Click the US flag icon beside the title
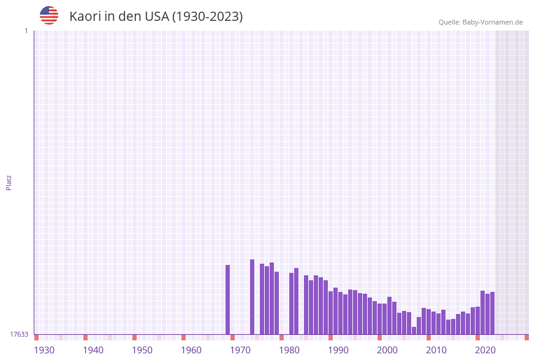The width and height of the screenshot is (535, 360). [49, 15]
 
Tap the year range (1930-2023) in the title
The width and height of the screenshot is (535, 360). [207, 17]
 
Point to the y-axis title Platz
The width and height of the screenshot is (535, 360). [9, 182]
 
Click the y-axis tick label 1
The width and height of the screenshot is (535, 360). [26, 31]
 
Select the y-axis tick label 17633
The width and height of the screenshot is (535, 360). [19, 334]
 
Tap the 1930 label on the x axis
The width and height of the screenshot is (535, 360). [44, 350]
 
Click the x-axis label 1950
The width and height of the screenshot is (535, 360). [142, 350]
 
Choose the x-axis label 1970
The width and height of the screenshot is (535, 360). [240, 350]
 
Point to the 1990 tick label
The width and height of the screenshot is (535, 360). [338, 350]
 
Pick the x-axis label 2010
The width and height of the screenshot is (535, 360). [436, 350]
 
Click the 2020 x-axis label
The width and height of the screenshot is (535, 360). [485, 350]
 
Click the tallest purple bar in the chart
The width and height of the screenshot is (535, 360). [252, 297]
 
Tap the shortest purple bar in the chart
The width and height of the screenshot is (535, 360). [414, 331]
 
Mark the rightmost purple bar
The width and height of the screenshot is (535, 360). [492, 313]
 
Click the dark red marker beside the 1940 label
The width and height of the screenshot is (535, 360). [85, 337]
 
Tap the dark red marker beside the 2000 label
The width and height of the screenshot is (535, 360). [379, 337]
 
